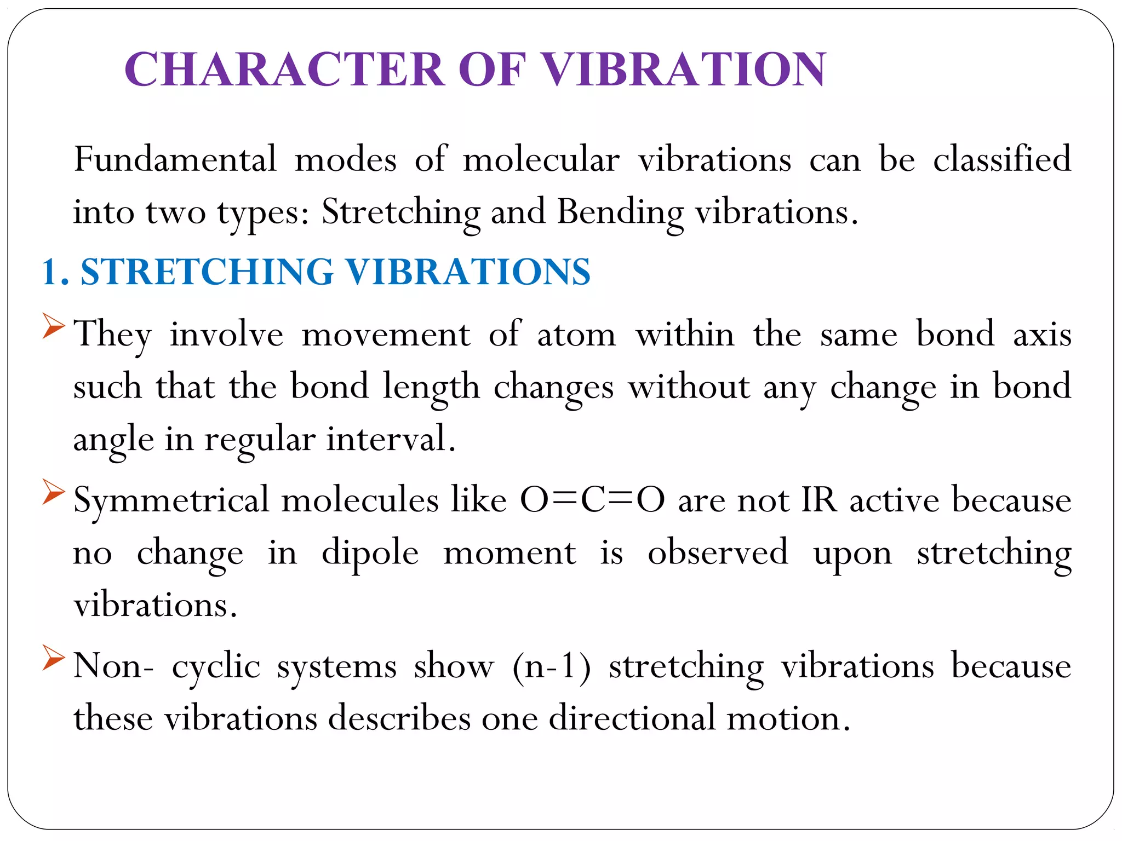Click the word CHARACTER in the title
pos(285,70)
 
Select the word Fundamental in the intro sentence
pos(175,159)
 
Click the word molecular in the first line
pos(541,159)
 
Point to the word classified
pos(1002,159)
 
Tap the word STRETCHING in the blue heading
pos(207,272)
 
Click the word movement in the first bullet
pos(386,335)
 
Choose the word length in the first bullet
pos(431,387)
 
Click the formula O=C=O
pos(592,500)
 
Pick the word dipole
pos(370,553)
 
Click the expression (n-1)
pos(552,666)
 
